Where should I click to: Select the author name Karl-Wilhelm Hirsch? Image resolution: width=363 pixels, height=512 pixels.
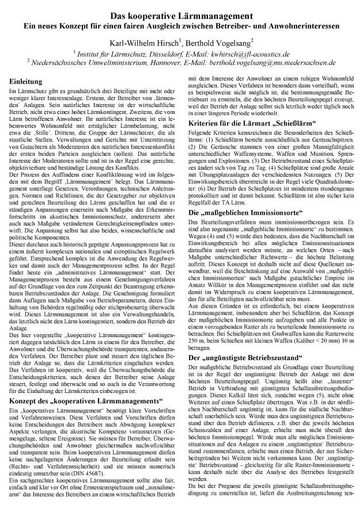[x=137, y=43]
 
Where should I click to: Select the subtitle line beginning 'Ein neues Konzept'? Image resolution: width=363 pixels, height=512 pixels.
[x=181, y=27]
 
